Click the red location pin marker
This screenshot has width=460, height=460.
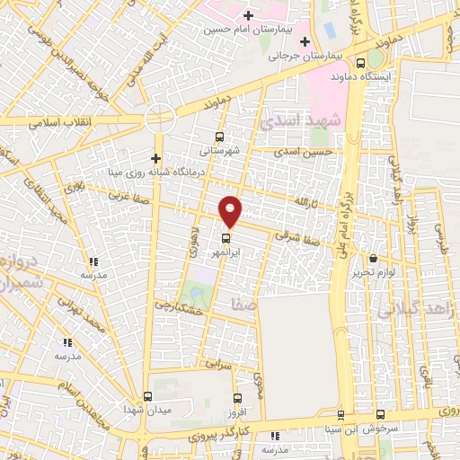click(x=231, y=210)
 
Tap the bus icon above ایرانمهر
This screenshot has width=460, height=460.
click(x=226, y=239)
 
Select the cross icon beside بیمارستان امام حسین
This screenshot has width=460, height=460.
click(x=247, y=15)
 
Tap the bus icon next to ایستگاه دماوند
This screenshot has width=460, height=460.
click(x=360, y=63)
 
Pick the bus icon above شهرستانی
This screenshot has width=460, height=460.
click(x=220, y=137)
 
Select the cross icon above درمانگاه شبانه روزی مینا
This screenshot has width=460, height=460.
click(x=155, y=158)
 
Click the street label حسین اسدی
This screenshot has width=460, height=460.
click(x=319, y=153)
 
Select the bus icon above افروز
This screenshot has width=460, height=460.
click(x=237, y=398)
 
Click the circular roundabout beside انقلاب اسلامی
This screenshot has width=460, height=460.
click(x=160, y=118)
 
